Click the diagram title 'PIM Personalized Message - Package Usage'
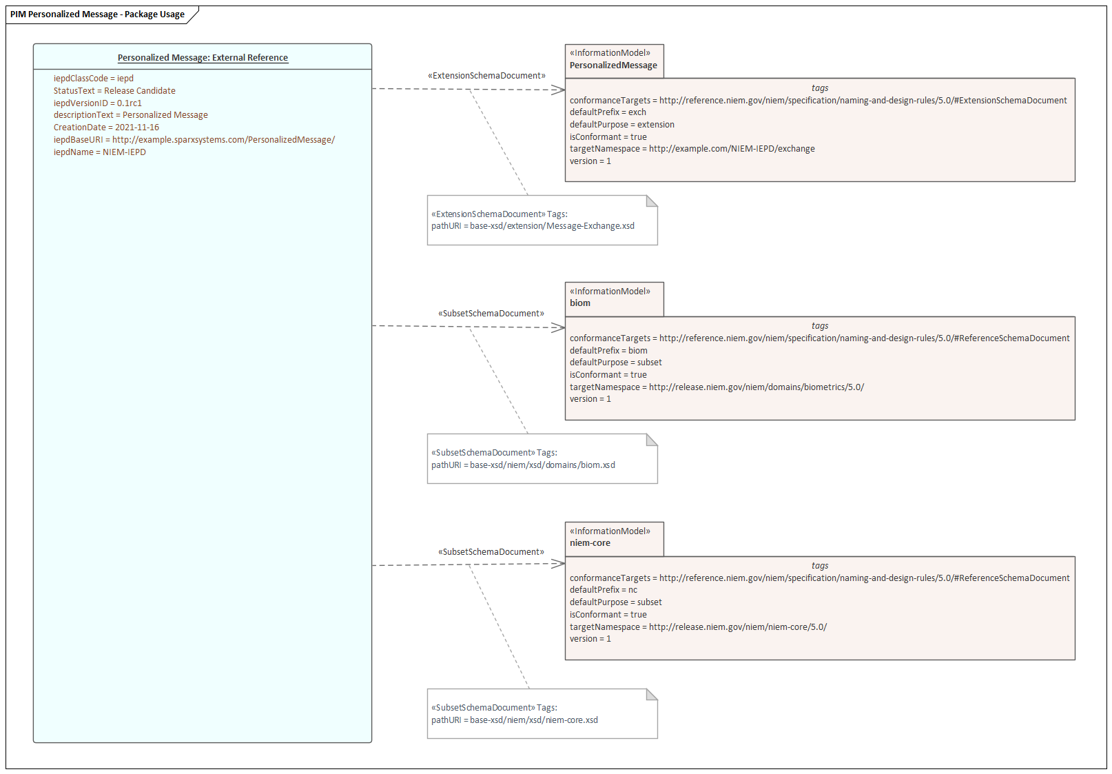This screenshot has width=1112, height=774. (x=97, y=14)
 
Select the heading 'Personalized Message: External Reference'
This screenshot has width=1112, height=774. (x=203, y=58)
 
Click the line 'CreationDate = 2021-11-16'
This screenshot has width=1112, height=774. (x=106, y=128)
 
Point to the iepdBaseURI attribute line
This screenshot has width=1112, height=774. (x=194, y=140)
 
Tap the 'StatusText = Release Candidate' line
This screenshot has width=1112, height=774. (x=114, y=91)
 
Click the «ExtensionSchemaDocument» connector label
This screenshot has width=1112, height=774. (x=486, y=76)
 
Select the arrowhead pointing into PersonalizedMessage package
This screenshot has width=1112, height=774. (x=559, y=90)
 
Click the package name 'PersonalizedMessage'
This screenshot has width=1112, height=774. (x=613, y=65)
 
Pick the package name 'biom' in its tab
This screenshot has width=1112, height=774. (x=580, y=303)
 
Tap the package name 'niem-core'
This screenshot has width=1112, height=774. (x=590, y=543)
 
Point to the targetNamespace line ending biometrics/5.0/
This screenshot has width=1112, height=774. (x=717, y=387)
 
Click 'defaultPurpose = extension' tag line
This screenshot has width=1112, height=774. (x=622, y=125)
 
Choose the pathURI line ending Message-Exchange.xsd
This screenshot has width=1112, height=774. (x=533, y=226)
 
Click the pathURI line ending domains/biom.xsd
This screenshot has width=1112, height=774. (x=523, y=465)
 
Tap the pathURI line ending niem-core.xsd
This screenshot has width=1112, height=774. (x=515, y=720)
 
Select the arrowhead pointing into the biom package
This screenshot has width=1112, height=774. (x=559, y=328)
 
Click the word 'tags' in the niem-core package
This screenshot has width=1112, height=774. (x=820, y=566)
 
